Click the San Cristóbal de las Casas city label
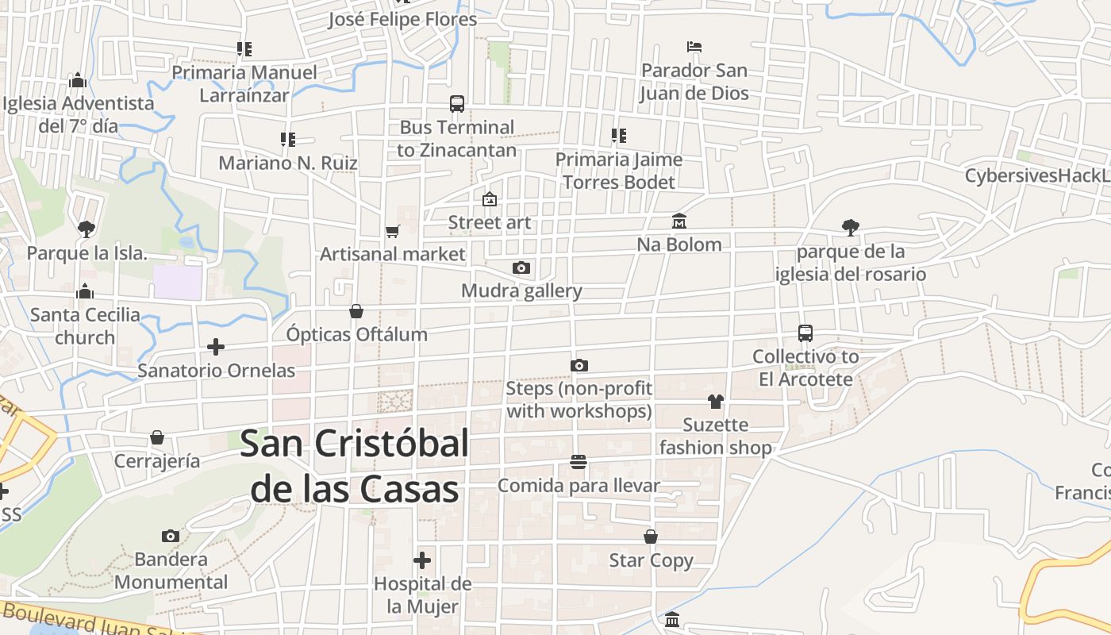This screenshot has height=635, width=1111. [x=354, y=466]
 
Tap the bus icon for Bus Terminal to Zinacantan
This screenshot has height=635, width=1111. [x=457, y=104]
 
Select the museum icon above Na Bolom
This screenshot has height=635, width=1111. [x=679, y=221]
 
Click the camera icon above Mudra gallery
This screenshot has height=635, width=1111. [x=521, y=268]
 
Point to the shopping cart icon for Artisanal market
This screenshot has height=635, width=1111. [x=392, y=231]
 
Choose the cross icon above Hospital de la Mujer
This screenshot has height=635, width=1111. [x=422, y=560]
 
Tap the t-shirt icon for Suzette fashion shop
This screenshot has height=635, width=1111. [x=716, y=402]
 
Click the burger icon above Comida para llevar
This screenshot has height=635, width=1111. [x=579, y=462]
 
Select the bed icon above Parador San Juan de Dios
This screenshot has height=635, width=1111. [x=694, y=47]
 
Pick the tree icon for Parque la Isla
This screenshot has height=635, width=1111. [x=86, y=229]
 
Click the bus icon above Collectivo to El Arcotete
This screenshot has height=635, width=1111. [x=805, y=333]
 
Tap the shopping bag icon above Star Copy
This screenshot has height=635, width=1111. [x=651, y=537]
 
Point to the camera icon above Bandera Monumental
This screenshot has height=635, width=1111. [x=171, y=536]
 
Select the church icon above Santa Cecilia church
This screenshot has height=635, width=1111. [x=85, y=292]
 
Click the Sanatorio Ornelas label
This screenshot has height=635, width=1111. [x=217, y=371]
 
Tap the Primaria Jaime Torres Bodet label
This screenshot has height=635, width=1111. [x=619, y=171]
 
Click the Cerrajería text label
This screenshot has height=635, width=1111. [x=157, y=461]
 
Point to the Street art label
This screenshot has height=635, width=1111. [x=490, y=222]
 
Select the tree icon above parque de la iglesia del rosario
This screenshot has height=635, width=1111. [x=851, y=228]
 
